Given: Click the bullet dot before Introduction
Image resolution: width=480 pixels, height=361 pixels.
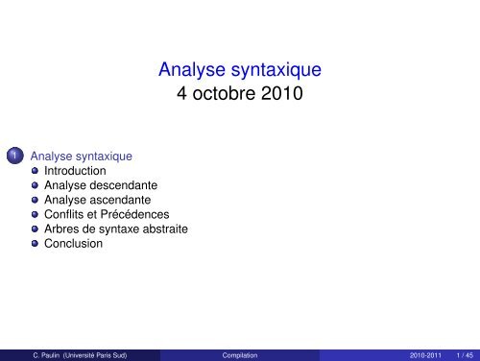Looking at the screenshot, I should (35, 171).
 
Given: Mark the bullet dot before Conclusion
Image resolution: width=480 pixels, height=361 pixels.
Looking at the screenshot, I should (35, 244).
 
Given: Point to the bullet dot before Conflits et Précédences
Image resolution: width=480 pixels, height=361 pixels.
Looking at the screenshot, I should (35, 215).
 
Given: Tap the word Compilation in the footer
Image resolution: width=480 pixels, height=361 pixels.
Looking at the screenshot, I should (240, 354).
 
